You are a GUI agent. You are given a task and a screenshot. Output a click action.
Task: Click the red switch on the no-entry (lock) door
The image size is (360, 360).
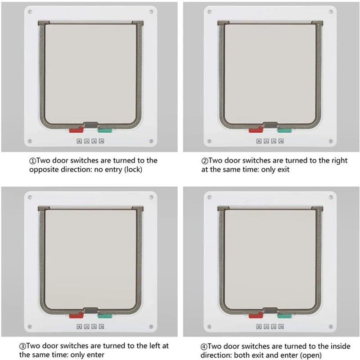[76, 130]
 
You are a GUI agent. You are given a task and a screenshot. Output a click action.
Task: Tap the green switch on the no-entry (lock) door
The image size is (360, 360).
[104, 130]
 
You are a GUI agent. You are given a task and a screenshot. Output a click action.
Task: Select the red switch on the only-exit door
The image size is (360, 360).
[255, 130]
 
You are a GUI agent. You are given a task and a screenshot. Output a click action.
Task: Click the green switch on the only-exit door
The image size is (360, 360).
[284, 130]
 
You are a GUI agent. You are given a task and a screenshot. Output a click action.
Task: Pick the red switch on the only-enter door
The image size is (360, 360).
[76, 316]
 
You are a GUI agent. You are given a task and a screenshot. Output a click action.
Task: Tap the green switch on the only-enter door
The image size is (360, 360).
[104, 316]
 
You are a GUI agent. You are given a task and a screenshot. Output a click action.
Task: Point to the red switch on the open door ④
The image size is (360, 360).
[255, 316]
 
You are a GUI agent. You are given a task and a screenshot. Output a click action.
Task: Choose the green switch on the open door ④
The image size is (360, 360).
[284, 316]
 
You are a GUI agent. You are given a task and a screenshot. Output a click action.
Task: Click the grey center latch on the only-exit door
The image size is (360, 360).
[270, 125]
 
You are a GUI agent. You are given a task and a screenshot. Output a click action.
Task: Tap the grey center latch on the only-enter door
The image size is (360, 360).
[90, 310]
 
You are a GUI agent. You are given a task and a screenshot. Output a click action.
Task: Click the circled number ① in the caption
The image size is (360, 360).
[32, 161]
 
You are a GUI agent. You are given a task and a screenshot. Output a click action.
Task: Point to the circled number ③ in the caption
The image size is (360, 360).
[22, 346]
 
